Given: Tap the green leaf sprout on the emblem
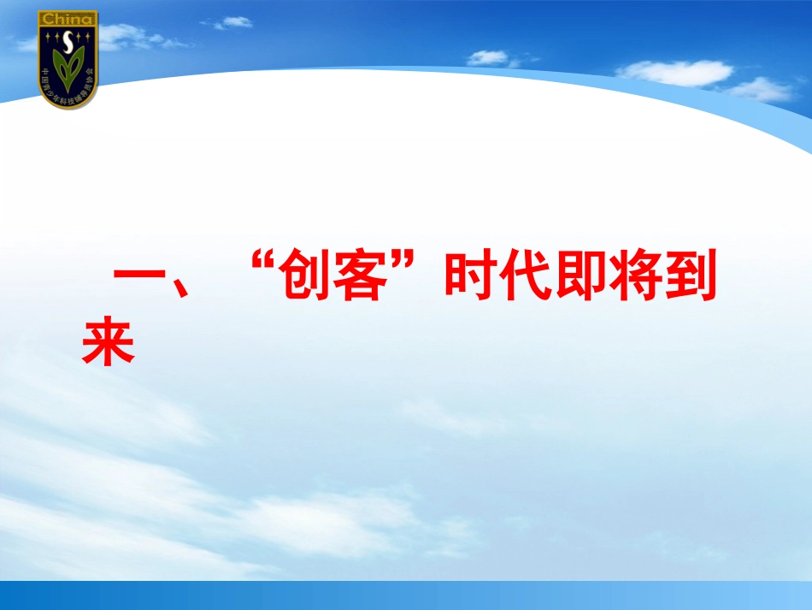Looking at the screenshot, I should click(x=68, y=68).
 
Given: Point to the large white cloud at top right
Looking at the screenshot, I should click(x=675, y=73).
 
